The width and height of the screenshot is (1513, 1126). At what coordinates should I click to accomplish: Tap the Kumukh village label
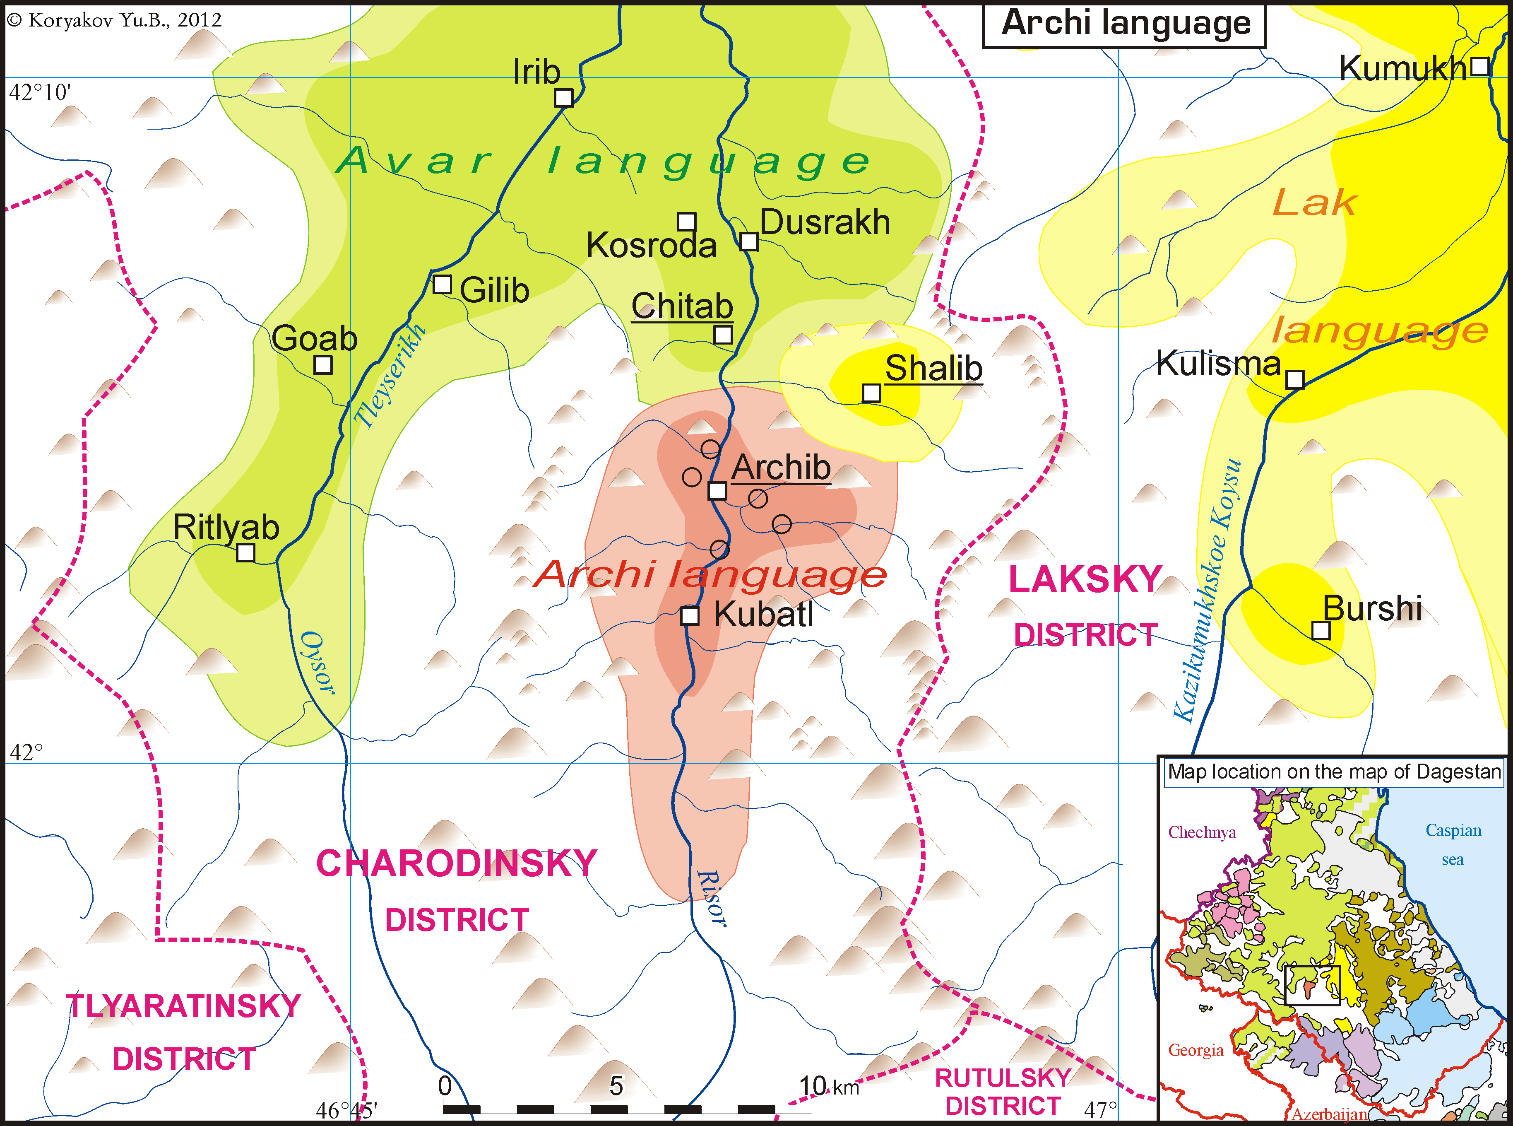click(1402, 69)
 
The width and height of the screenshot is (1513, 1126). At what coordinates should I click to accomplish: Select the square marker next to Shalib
click(871, 393)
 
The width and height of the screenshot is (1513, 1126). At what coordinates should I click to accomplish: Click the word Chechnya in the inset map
click(1202, 833)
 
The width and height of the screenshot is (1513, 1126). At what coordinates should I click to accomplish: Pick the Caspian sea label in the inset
click(1453, 844)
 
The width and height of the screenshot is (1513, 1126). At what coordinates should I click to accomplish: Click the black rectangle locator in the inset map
click(1312, 985)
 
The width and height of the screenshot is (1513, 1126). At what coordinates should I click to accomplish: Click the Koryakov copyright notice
click(114, 20)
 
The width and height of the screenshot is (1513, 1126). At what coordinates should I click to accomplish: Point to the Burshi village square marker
click(1321, 630)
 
